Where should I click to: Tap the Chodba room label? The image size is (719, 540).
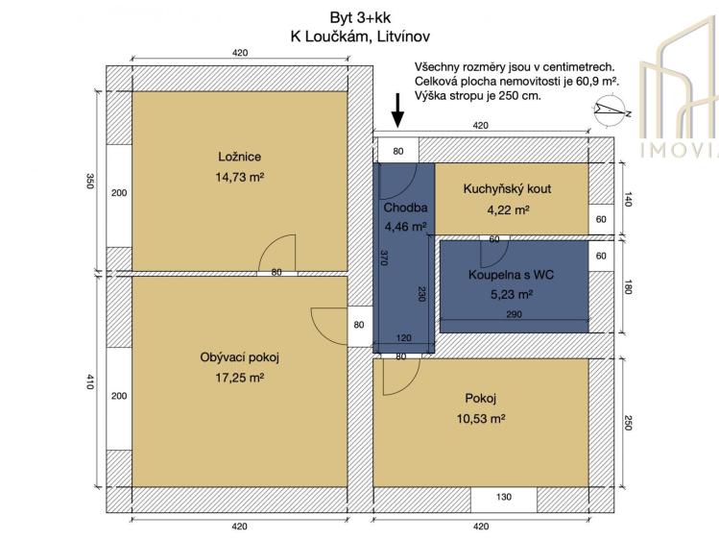(404, 208)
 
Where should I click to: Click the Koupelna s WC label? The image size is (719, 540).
(512, 276)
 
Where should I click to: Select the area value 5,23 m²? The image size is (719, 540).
(512, 295)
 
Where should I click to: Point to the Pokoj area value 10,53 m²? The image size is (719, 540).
(484, 419)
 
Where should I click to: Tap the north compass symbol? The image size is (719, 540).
(611, 112)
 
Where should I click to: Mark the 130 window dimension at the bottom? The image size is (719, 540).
(503, 498)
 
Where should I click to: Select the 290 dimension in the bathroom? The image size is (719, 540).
(515, 314)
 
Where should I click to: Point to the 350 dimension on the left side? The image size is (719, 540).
(90, 182)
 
